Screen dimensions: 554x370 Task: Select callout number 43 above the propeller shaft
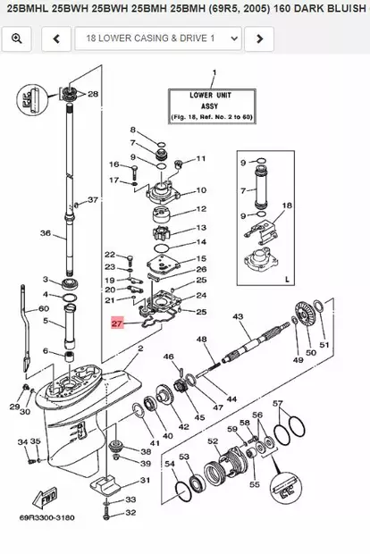(x=238, y=317)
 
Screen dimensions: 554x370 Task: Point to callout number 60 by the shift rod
(x=42, y=308)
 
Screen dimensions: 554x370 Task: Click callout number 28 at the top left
(x=92, y=93)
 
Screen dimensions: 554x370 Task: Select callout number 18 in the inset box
(x=287, y=206)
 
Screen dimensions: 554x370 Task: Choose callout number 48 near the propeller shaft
(x=202, y=340)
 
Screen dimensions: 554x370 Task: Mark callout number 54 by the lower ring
(x=169, y=465)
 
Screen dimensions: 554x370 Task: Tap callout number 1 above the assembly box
(x=213, y=71)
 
